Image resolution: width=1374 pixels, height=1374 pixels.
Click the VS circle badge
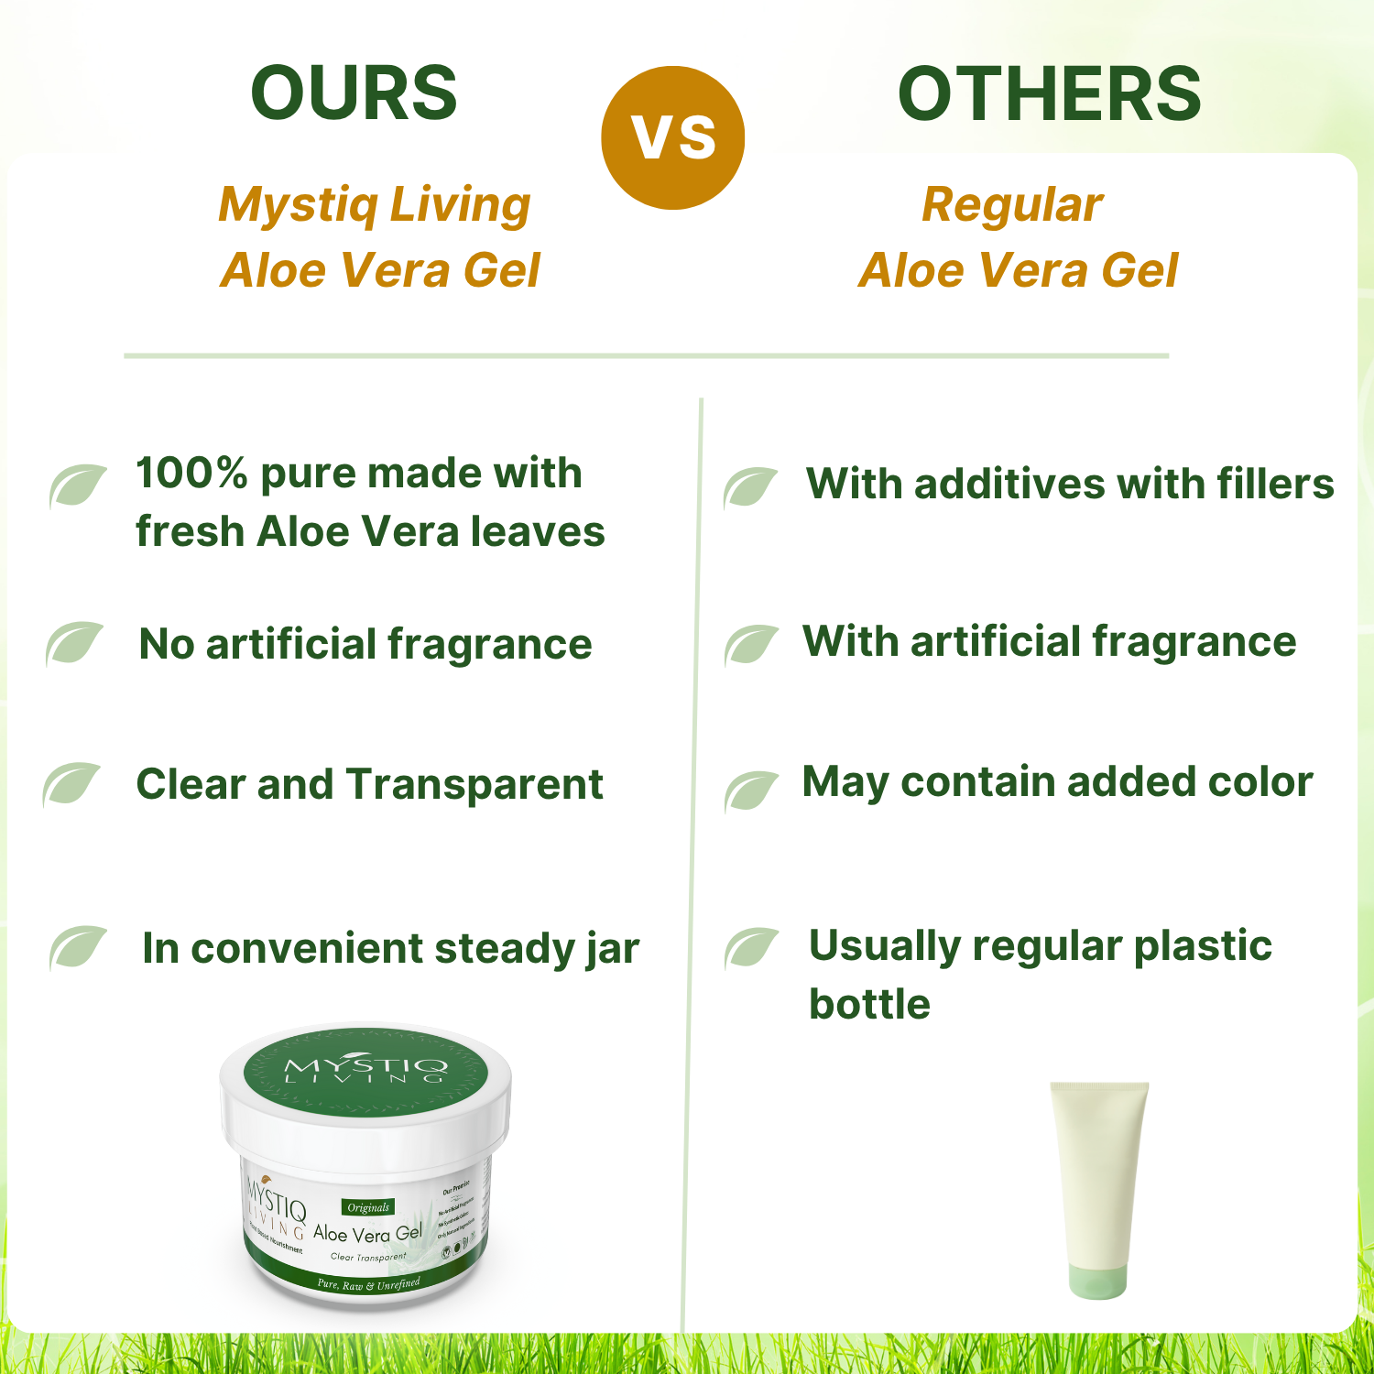(673, 137)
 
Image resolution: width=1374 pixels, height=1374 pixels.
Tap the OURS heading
(354, 93)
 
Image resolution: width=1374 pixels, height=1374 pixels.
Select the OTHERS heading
(1049, 93)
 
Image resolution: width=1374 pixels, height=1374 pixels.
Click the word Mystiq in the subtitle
(297, 205)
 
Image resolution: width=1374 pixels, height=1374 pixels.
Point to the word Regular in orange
(1011, 205)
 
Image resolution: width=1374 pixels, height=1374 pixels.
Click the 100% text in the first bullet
(191, 474)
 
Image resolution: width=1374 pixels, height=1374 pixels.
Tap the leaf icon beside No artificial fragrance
(74, 643)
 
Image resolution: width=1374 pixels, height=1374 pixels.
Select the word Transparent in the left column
(474, 784)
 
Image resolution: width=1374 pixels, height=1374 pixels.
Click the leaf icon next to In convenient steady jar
(78, 947)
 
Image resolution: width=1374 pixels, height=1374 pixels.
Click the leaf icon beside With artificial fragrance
(751, 644)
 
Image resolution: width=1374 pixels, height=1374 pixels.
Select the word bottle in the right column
(869, 1004)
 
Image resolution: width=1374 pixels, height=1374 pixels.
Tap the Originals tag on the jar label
(368, 1207)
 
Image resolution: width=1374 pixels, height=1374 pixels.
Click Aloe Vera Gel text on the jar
(367, 1234)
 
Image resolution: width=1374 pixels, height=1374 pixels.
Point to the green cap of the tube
(1096, 1273)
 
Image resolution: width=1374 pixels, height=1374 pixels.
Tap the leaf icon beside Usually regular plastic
(751, 947)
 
